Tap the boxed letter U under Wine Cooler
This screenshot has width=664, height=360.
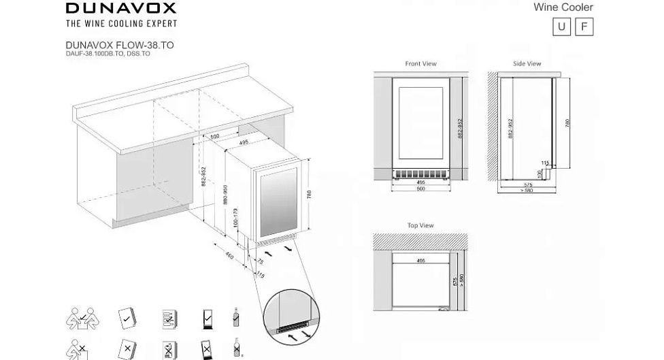(561, 28)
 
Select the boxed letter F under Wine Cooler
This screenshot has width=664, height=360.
(584, 28)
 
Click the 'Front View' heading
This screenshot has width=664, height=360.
(420, 64)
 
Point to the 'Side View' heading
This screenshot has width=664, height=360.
(527, 64)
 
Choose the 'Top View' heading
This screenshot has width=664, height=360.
(420, 225)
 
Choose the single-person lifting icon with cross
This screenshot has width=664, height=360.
(76, 348)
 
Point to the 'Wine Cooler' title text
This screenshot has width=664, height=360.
(572, 7)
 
